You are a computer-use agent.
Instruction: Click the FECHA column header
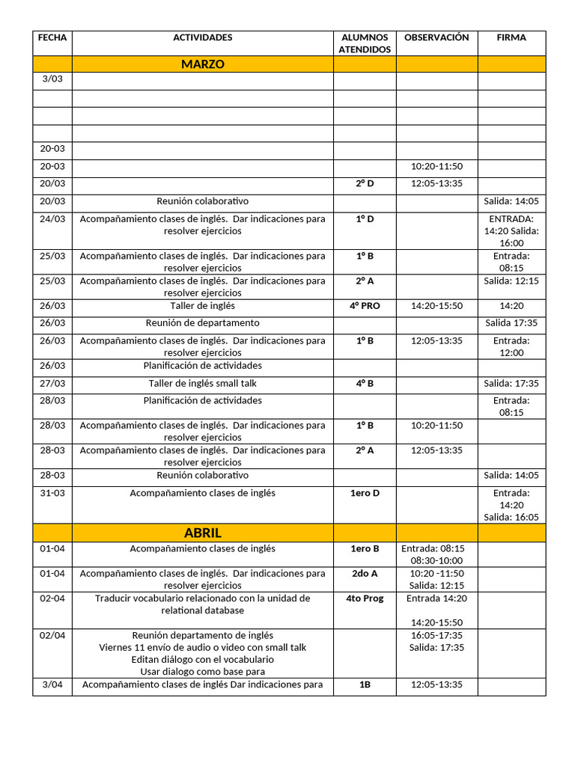pos(52,37)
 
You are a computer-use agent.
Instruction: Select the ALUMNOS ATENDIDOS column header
pos(365,43)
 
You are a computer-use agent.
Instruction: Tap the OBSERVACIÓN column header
pos(436,37)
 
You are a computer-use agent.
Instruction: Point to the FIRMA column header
pos(511,37)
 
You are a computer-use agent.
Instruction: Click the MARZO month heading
pos(203,64)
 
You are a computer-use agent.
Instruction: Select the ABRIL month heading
pos(203,533)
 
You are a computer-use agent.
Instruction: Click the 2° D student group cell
pos(365,183)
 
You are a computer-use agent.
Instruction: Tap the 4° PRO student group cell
pos(365,306)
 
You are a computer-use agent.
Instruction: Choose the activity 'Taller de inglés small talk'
pos(203,384)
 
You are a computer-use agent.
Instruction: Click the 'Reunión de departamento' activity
pos(203,323)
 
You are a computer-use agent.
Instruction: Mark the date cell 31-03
pos(52,494)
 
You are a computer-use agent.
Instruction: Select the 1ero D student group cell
pos(365,494)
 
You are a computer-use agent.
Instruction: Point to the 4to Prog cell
pos(365,599)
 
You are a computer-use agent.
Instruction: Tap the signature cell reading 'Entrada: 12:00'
pos(511,346)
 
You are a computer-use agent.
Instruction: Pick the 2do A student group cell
pos(365,574)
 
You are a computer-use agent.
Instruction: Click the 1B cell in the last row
pos(365,684)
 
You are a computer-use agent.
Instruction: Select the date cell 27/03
pos(52,384)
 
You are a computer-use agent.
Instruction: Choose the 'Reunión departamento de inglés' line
pos(203,636)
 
